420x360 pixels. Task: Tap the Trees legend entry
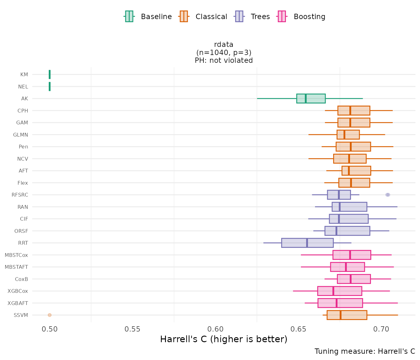click(x=252, y=17)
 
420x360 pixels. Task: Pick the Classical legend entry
click(x=203, y=17)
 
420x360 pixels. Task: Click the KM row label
click(x=24, y=75)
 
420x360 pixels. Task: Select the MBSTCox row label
click(x=17, y=255)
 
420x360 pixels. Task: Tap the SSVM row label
click(x=21, y=315)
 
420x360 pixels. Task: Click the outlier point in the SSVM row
click(x=50, y=315)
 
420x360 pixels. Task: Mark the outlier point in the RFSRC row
click(x=388, y=195)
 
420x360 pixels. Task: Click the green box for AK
click(x=311, y=98)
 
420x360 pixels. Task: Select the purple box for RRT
click(x=307, y=243)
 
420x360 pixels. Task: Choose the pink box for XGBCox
click(x=340, y=291)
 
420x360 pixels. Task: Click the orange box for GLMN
click(x=348, y=135)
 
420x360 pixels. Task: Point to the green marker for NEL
click(x=50, y=87)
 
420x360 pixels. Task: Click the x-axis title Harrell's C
click(x=223, y=339)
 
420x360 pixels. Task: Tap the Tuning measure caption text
click(x=365, y=351)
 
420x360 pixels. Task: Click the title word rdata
click(x=224, y=44)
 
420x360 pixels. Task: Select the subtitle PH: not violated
click(x=224, y=60)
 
